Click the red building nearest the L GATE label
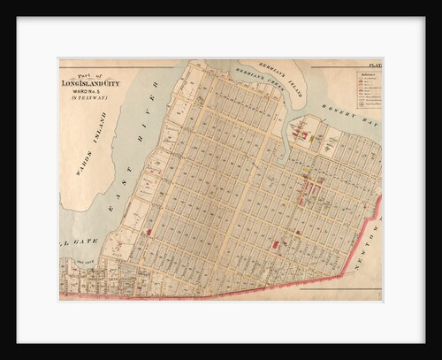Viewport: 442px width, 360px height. [149, 232]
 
